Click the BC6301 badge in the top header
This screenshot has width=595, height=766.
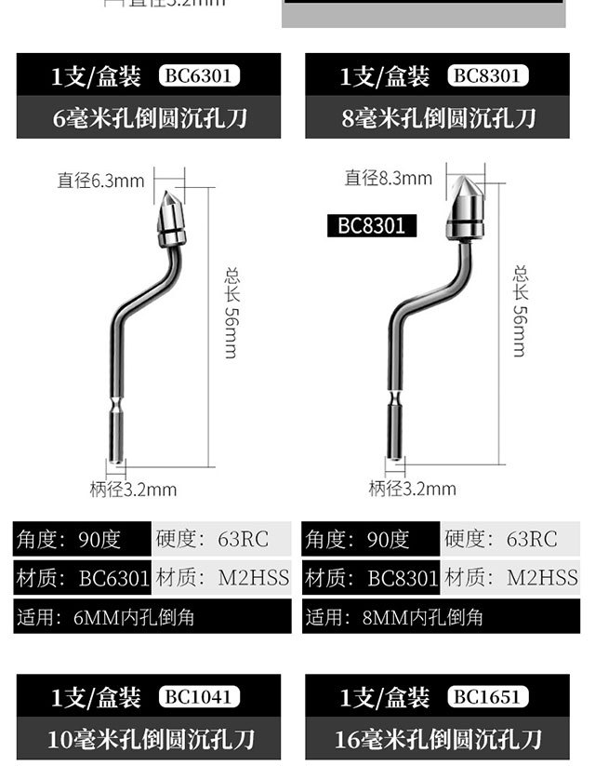(199, 75)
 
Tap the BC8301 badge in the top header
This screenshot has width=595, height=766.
(487, 75)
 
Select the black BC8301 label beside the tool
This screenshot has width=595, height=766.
(371, 225)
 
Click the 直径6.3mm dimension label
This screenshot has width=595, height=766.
(100, 181)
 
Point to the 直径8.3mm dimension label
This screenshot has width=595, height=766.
(388, 178)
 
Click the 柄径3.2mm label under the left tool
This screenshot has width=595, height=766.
(133, 490)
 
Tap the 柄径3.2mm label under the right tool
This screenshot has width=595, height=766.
(412, 489)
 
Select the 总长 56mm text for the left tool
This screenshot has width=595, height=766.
(231, 312)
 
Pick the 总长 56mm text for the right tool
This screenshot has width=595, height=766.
(520, 310)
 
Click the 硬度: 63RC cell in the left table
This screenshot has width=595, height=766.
(221, 539)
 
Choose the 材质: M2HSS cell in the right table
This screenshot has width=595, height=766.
(510, 578)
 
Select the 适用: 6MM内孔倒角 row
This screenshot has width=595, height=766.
(152, 617)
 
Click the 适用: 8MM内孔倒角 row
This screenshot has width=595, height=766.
(441, 617)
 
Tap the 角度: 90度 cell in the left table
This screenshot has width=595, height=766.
(82, 539)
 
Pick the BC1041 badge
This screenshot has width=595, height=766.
(199, 696)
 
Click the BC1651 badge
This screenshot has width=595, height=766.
(487, 696)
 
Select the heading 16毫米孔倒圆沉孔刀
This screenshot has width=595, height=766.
(437, 740)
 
